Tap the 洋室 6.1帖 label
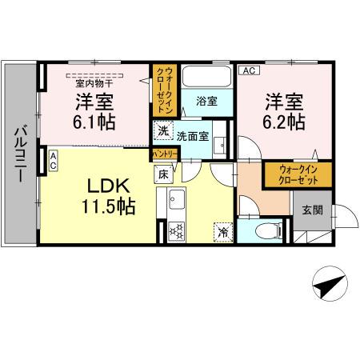point(94,111)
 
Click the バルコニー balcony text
point(19,151)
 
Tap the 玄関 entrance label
point(312,210)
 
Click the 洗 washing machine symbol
point(162,131)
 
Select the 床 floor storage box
point(162,173)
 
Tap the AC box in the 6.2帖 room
point(246,71)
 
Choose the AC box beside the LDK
point(53,159)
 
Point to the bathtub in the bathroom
point(206,77)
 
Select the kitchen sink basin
point(176,200)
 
